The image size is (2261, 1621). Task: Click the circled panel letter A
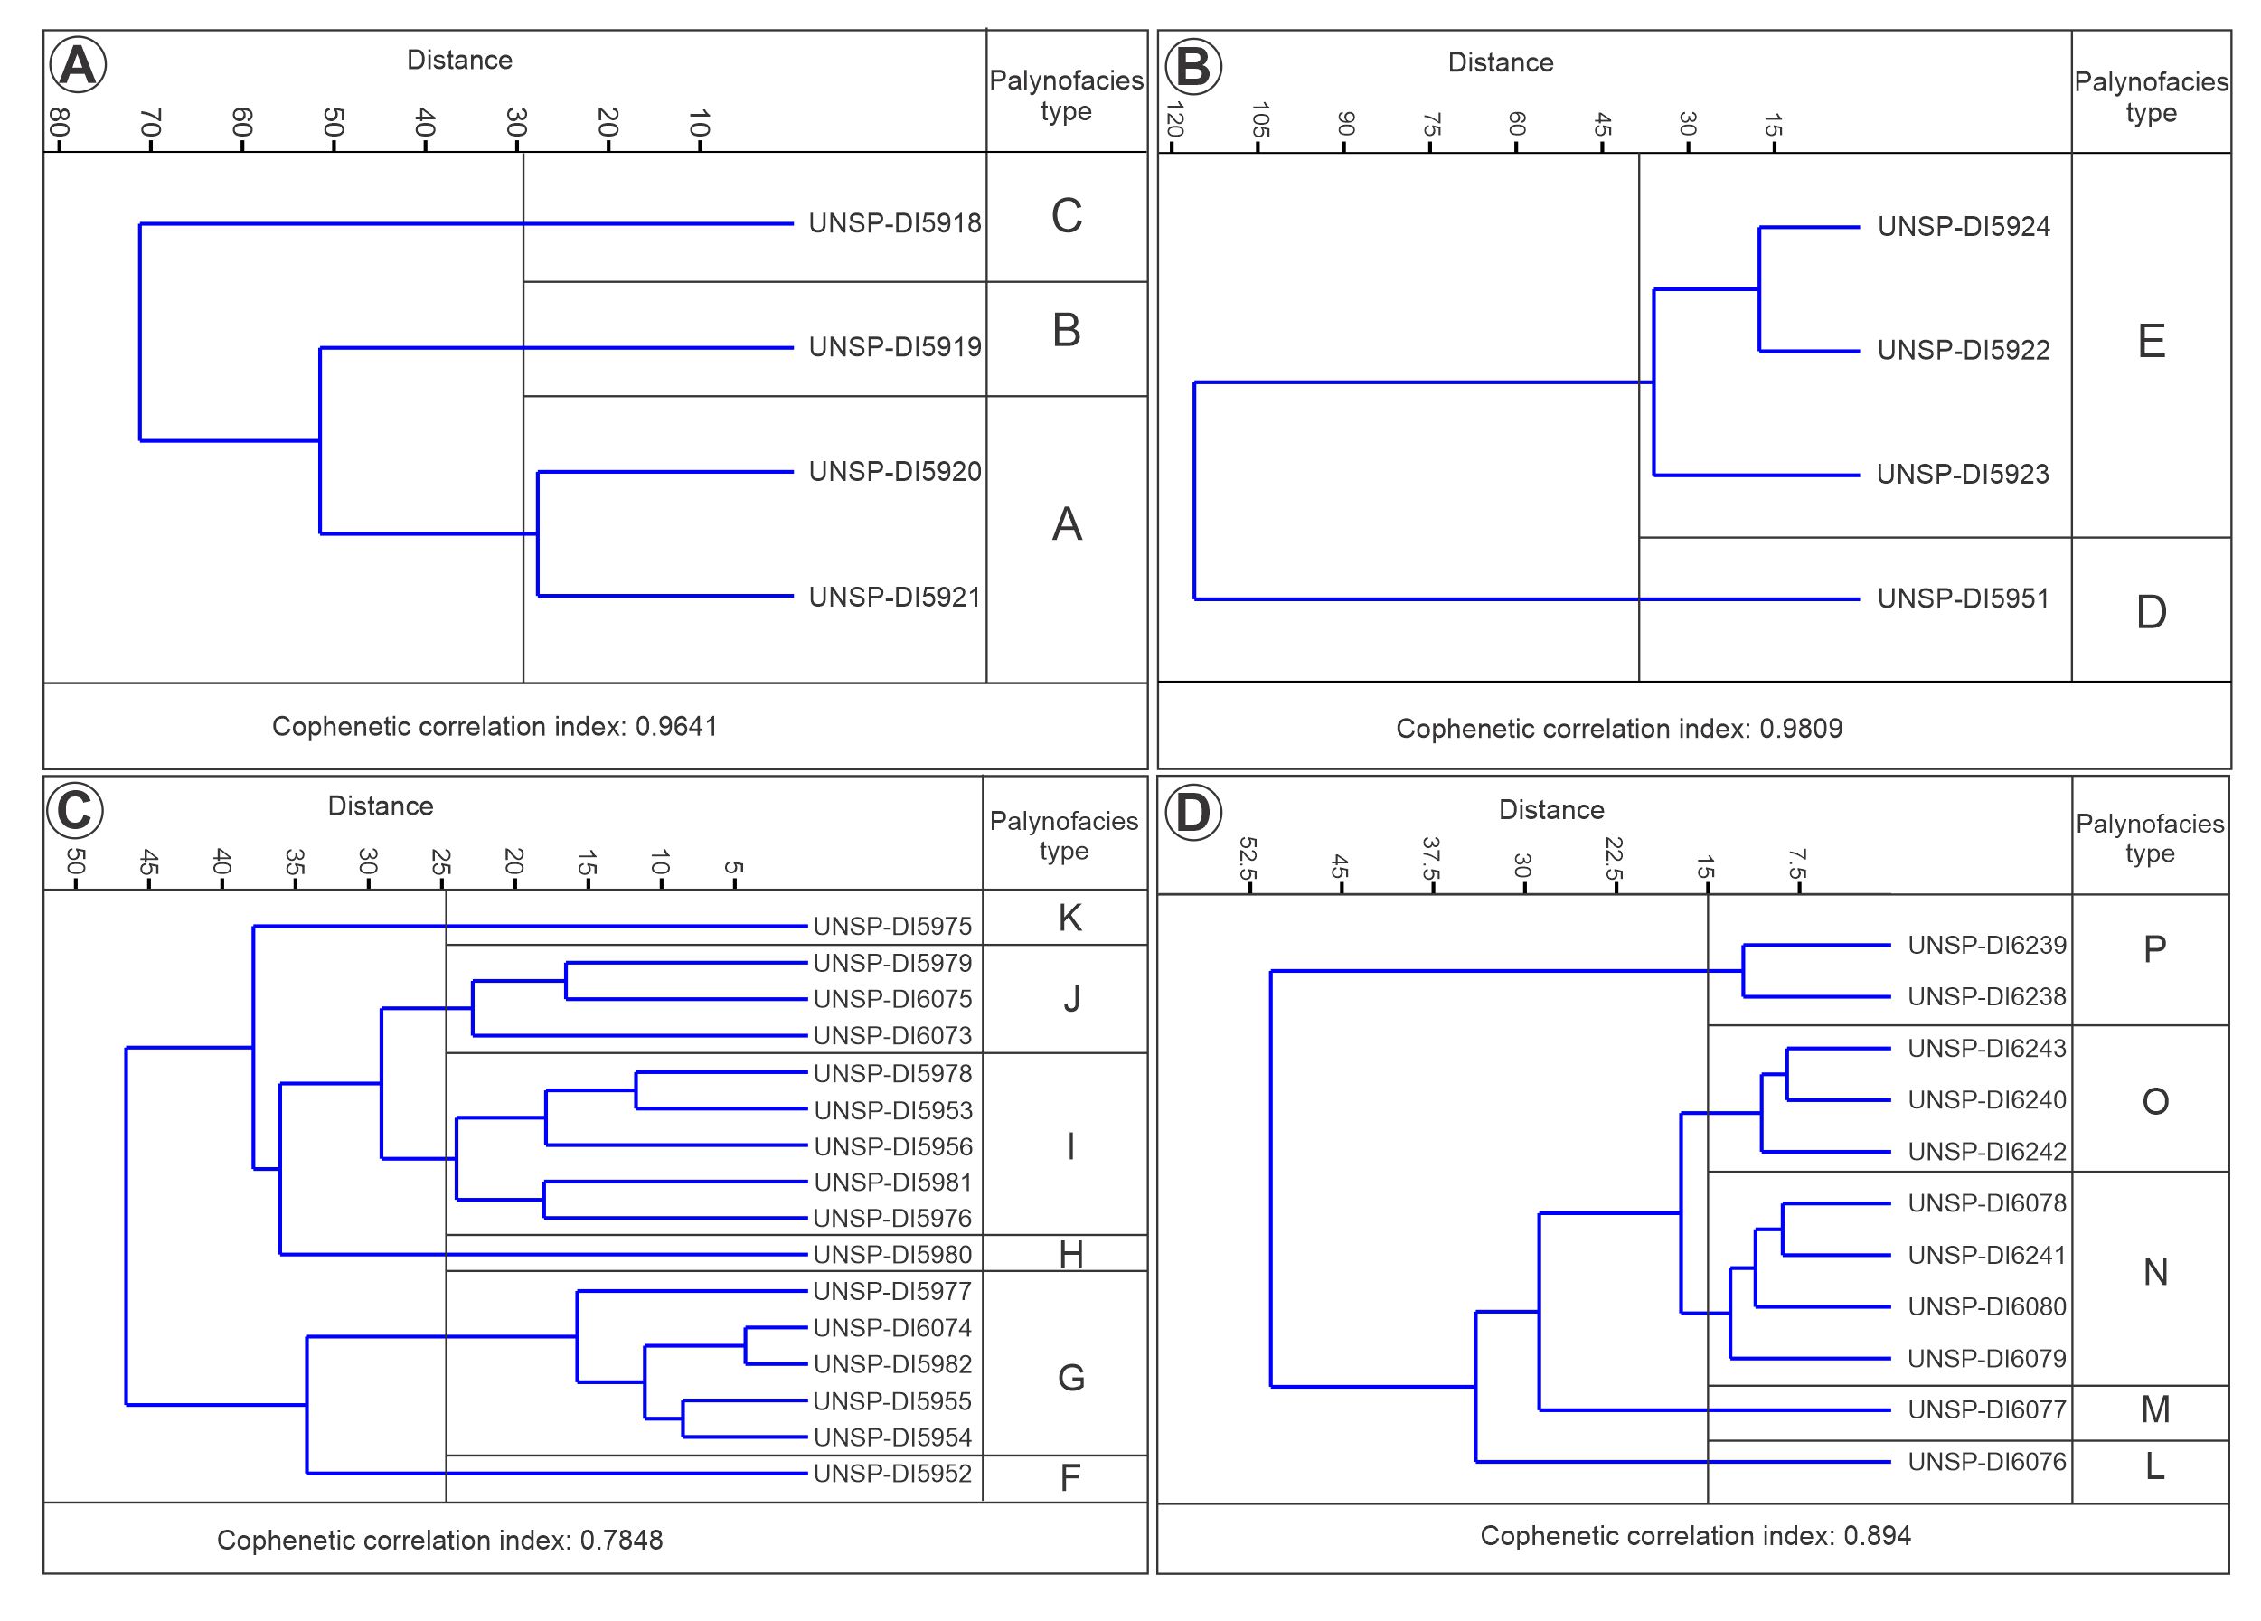(78, 66)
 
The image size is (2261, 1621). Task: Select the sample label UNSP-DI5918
(894, 223)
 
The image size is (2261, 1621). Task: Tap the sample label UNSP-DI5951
(1963, 599)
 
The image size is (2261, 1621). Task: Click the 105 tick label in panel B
(1259, 120)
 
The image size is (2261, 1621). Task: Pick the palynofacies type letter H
(1070, 1255)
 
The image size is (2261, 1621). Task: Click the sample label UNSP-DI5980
(892, 1255)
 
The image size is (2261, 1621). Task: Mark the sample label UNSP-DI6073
(892, 1037)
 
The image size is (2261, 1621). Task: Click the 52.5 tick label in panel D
(1248, 857)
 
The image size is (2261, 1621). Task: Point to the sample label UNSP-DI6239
(1987, 945)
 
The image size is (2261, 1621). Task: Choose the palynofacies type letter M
(2155, 1409)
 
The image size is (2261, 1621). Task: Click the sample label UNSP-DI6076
(1987, 1462)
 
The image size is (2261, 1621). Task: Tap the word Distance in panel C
(380, 806)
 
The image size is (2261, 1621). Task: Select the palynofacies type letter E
(2152, 342)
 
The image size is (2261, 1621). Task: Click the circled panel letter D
(1192, 812)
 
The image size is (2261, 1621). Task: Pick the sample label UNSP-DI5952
(892, 1474)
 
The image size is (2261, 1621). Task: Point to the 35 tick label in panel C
(295, 862)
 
